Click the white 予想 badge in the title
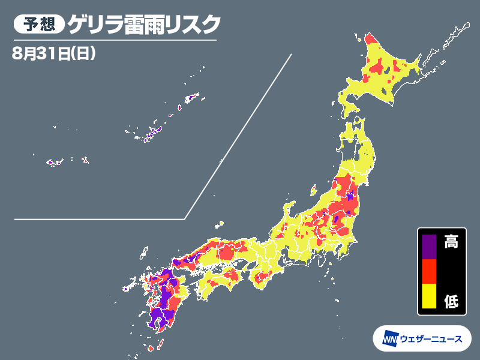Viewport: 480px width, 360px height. [x=38, y=25]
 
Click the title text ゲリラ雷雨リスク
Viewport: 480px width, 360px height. [x=144, y=25]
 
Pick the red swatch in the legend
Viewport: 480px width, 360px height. [x=429, y=271]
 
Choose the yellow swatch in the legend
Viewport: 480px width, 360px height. [x=429, y=296]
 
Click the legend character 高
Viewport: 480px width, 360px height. [x=451, y=243]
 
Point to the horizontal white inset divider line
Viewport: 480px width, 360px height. [x=99, y=219]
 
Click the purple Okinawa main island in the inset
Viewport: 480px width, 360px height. [x=155, y=130]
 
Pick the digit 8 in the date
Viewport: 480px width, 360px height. [x=16, y=53]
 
